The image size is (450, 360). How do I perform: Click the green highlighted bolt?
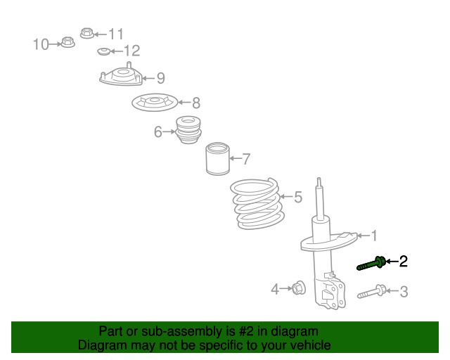click(x=371, y=264)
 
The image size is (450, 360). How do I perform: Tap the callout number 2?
click(x=403, y=262)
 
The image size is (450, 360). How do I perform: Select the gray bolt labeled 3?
click(x=372, y=292)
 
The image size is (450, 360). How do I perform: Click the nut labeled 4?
click(x=299, y=288)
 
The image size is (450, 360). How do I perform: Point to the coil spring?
click(x=257, y=203)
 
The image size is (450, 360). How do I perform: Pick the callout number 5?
click(x=298, y=197)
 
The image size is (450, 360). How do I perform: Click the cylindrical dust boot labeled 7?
click(x=218, y=158)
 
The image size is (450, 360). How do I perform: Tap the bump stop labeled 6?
click(x=188, y=129)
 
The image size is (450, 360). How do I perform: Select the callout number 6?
click(x=157, y=132)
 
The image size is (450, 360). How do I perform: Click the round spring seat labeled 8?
click(x=155, y=102)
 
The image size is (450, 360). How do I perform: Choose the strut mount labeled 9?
click(x=121, y=75)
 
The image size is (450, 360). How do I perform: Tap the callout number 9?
click(x=161, y=78)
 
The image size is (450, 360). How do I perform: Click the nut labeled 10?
click(x=68, y=42)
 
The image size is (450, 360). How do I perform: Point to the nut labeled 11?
click(x=87, y=33)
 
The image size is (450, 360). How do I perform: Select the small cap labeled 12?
click(x=103, y=51)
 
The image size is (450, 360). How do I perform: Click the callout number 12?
click(x=131, y=51)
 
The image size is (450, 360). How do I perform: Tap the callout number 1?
click(x=374, y=236)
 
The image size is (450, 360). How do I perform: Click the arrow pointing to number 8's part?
click(x=184, y=102)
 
